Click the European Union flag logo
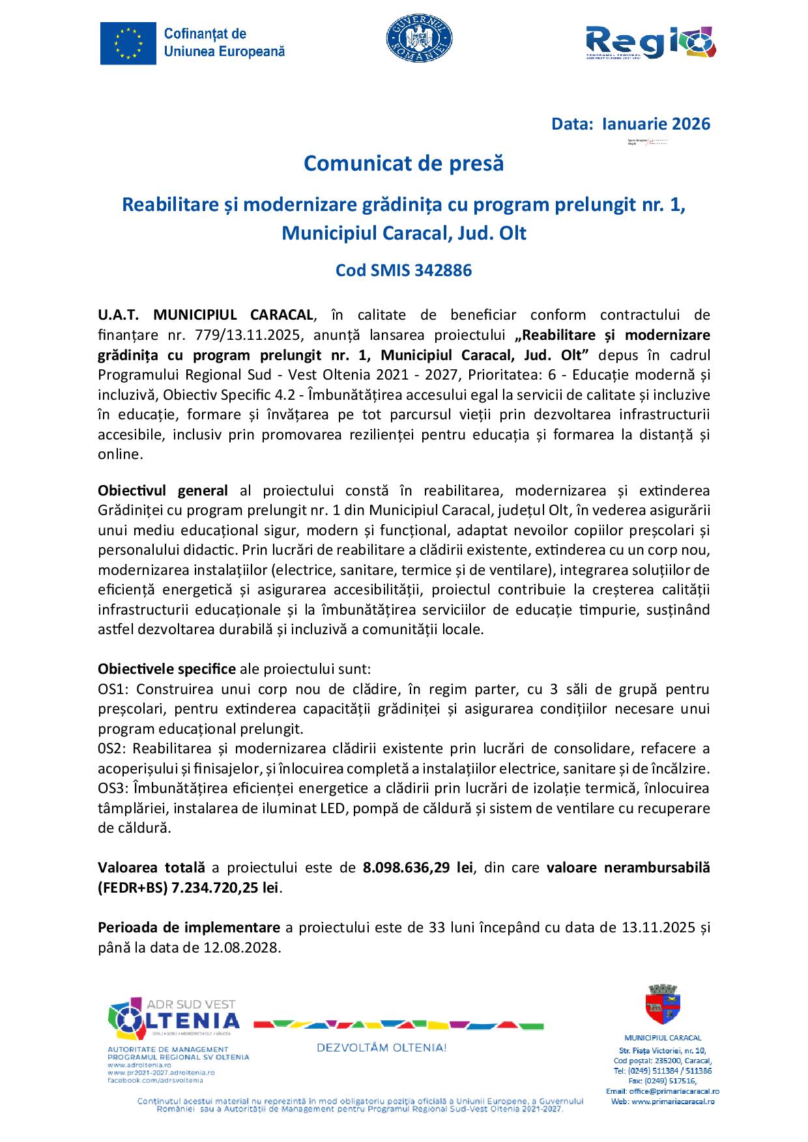tap(128, 43)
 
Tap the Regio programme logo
tap(650, 47)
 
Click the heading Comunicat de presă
tap(404, 163)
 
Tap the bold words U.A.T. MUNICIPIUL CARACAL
tap(205, 315)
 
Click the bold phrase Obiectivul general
tap(163, 490)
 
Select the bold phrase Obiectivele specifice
tap(167, 669)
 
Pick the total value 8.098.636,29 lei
tap(417, 867)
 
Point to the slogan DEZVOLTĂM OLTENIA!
tap(381, 1048)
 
